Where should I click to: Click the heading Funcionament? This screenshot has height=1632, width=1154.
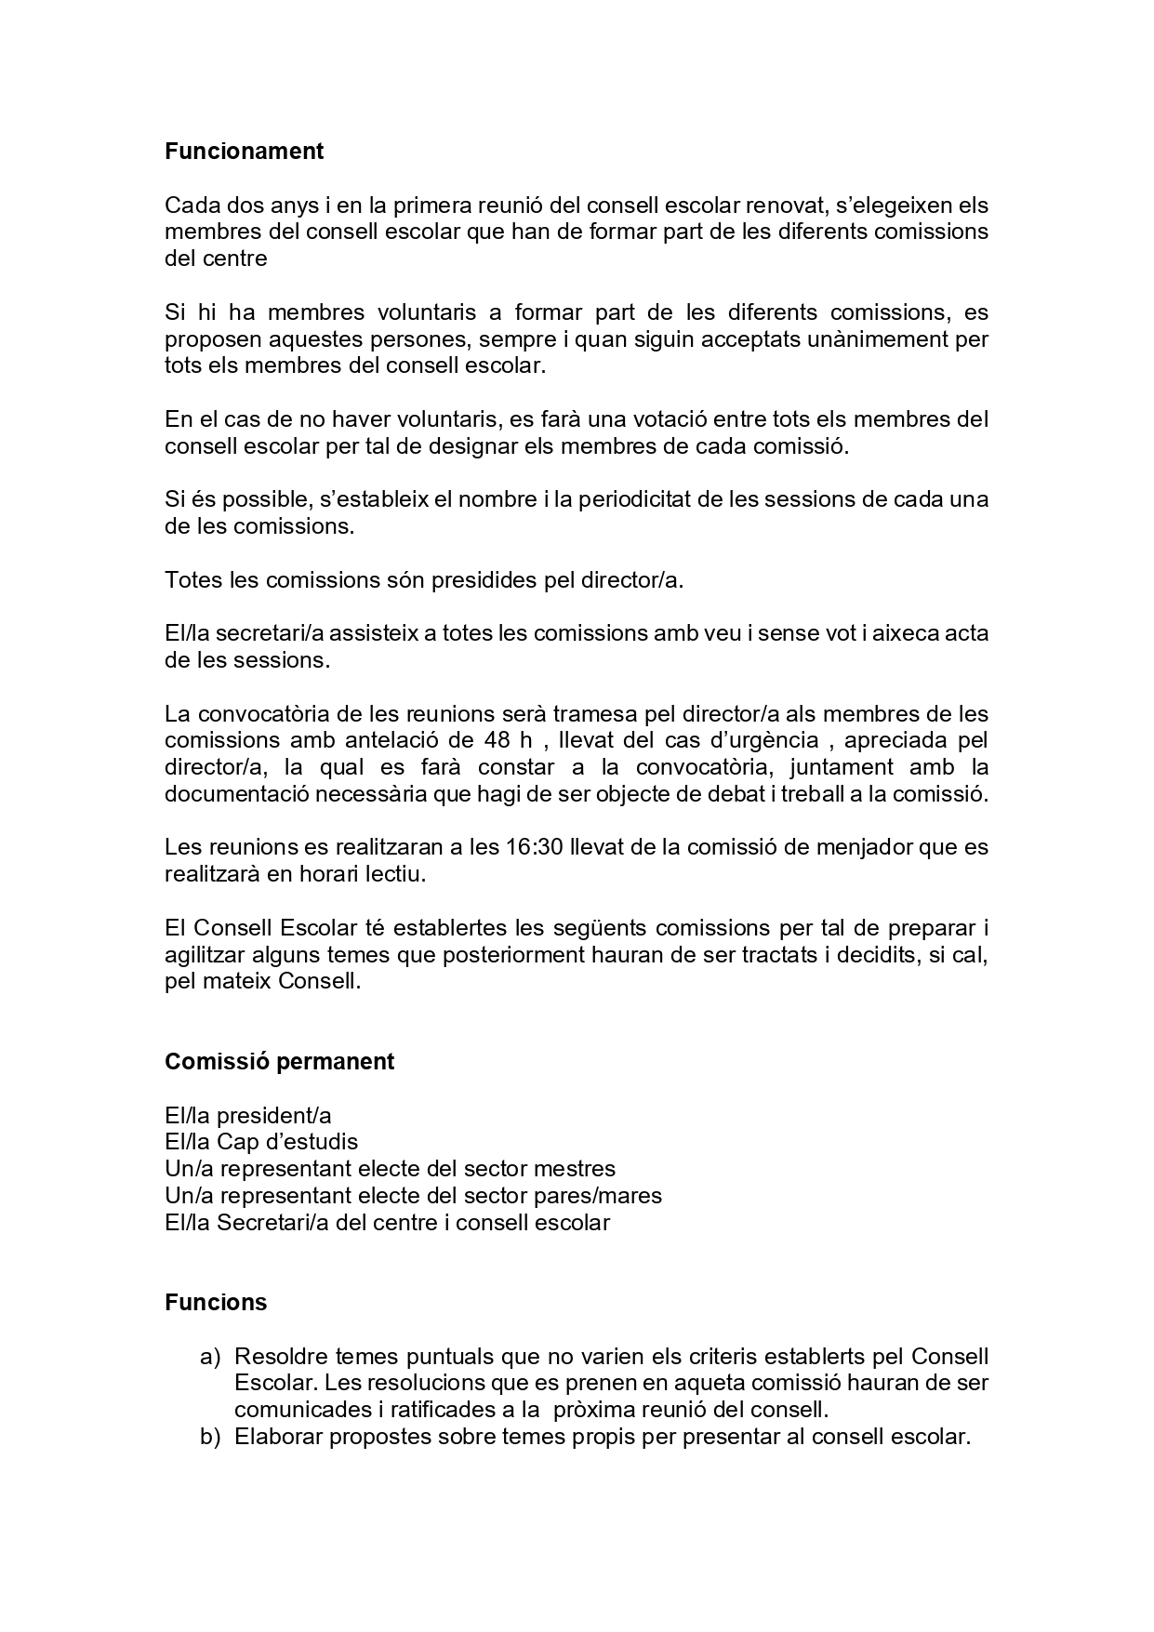point(244,152)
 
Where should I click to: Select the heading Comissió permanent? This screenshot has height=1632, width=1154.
point(279,1062)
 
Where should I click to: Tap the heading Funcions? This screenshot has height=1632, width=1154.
point(216,1302)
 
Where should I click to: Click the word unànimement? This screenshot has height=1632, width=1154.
point(876,339)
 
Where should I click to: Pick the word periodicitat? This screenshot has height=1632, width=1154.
point(634,499)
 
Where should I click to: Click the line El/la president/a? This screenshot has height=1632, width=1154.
point(248,1116)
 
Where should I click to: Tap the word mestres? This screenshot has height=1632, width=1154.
point(577,1169)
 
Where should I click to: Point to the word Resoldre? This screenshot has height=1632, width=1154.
point(281,1357)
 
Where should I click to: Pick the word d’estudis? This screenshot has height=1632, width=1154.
point(313,1142)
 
